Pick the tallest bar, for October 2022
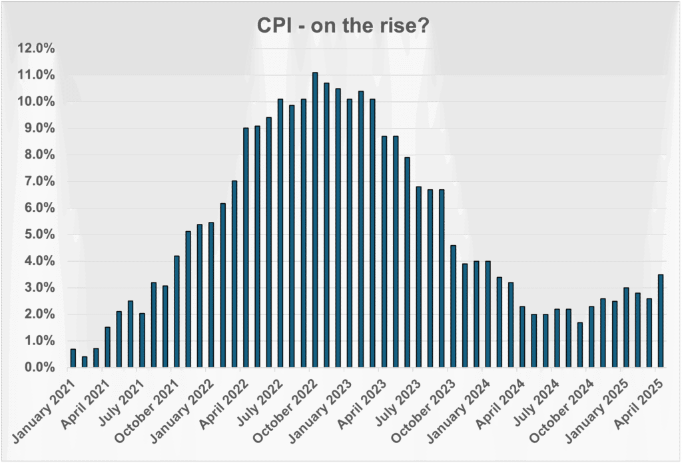click(x=315, y=220)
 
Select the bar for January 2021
click(x=73, y=358)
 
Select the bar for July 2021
click(x=142, y=340)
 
